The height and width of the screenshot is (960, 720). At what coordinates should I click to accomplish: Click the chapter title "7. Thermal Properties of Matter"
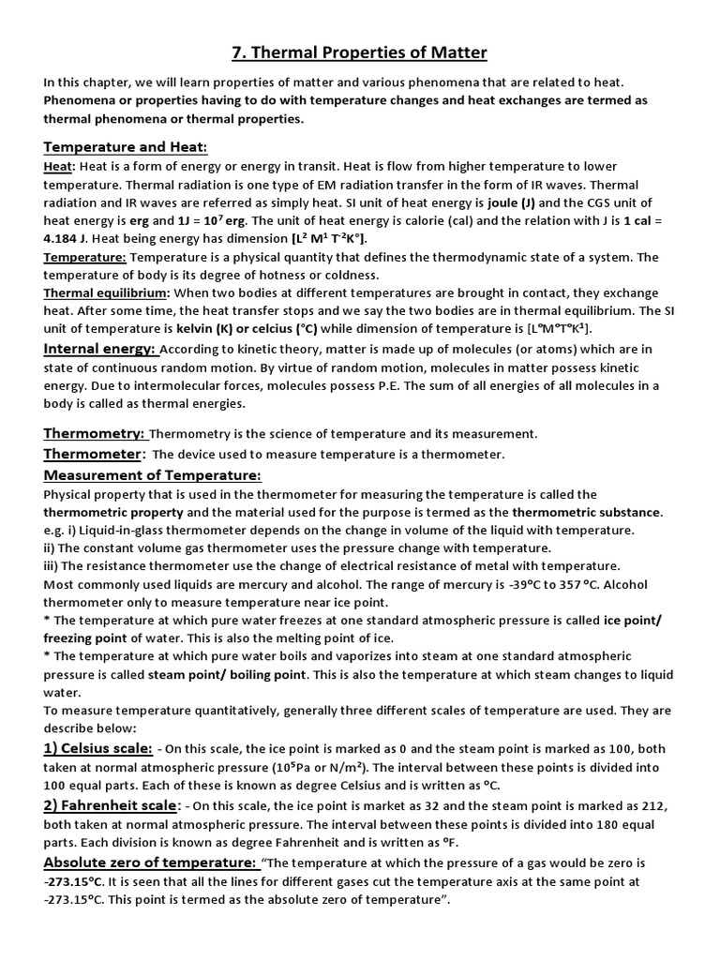point(360,52)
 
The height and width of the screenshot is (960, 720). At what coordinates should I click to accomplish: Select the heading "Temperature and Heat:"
point(126,148)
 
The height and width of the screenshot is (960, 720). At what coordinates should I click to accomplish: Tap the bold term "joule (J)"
point(515,203)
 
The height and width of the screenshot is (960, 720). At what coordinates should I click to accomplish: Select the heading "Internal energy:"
point(100,349)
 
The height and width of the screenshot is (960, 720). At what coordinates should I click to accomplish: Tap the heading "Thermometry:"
point(95,433)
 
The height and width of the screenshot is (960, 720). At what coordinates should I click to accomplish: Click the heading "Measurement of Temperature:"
point(152,475)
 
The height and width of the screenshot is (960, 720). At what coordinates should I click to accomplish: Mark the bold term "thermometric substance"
point(587,513)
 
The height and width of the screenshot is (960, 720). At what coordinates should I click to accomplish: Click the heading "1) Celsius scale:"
point(97,748)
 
